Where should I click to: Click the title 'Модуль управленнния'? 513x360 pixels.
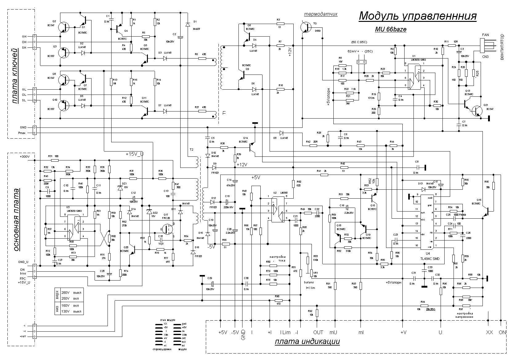tap(417, 16)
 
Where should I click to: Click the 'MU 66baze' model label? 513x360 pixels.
tap(390, 30)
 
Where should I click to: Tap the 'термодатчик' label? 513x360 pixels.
tap(321, 14)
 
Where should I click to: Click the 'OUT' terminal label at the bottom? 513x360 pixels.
tap(318, 332)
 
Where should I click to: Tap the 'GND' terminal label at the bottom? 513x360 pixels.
tap(243, 334)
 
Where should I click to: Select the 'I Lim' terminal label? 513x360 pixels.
tap(285, 332)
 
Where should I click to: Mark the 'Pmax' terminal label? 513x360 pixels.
tap(22, 133)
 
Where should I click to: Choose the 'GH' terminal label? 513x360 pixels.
tap(24, 36)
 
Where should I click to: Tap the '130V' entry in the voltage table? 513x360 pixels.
tap(66, 312)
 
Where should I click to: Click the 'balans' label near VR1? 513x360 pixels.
tap(309, 282)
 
